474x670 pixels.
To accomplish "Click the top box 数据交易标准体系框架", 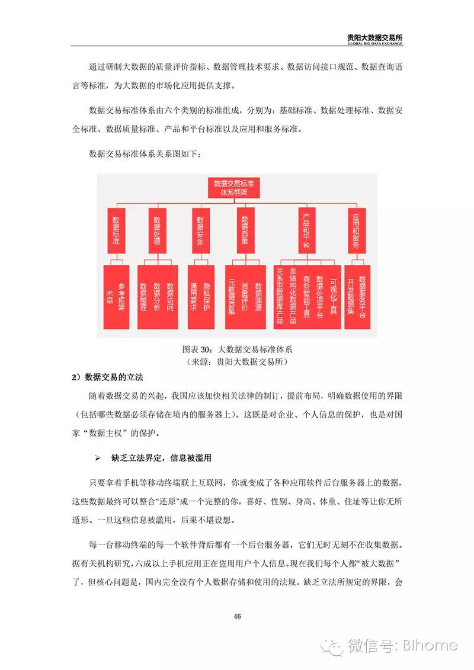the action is (x=236, y=188).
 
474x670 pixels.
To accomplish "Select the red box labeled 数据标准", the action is (x=116, y=230).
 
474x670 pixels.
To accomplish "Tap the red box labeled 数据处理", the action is (x=157, y=230).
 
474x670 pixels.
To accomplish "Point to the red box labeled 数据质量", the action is (x=244, y=230).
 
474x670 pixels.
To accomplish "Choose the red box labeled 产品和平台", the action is (x=306, y=230).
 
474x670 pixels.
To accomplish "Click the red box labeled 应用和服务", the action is (x=356, y=230).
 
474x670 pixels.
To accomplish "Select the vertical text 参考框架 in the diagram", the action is (x=122, y=294).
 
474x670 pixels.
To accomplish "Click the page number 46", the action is (x=237, y=616).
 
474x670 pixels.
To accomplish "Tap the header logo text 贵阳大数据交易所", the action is (x=375, y=37).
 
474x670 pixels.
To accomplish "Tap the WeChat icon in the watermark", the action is (x=332, y=645).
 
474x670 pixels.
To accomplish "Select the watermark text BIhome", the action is (x=433, y=645).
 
